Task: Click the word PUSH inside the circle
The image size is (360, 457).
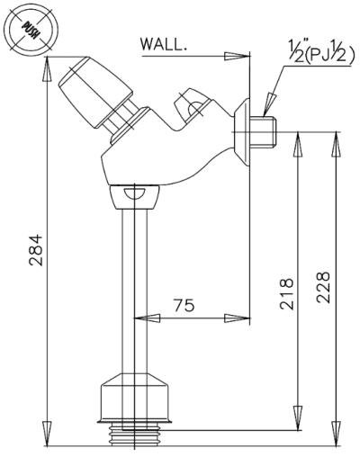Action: pyautogui.click(x=31, y=30)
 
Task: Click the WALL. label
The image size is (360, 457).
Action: pyautogui.click(x=164, y=45)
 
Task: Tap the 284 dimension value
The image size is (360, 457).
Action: pyautogui.click(x=36, y=250)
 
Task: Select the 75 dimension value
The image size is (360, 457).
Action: pyautogui.click(x=184, y=305)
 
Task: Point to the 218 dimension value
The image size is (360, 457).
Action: pyautogui.click(x=286, y=294)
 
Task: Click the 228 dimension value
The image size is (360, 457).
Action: pyautogui.click(x=323, y=287)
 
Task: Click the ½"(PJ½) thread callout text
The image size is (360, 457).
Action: pyautogui.click(x=320, y=52)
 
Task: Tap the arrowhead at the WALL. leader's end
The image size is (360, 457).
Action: pyautogui.click(x=237, y=56)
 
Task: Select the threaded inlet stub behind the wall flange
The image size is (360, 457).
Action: pyautogui.click(x=264, y=132)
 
